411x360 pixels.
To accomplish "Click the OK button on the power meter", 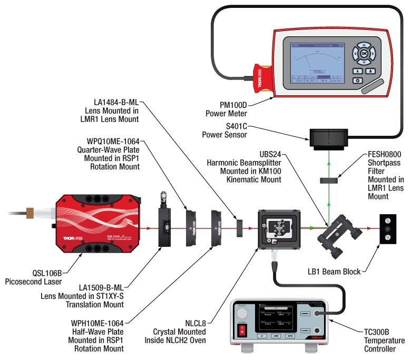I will pos(364,54).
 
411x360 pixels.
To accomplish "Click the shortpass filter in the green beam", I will pos(328,181).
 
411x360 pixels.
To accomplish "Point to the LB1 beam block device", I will pos(388,229).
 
